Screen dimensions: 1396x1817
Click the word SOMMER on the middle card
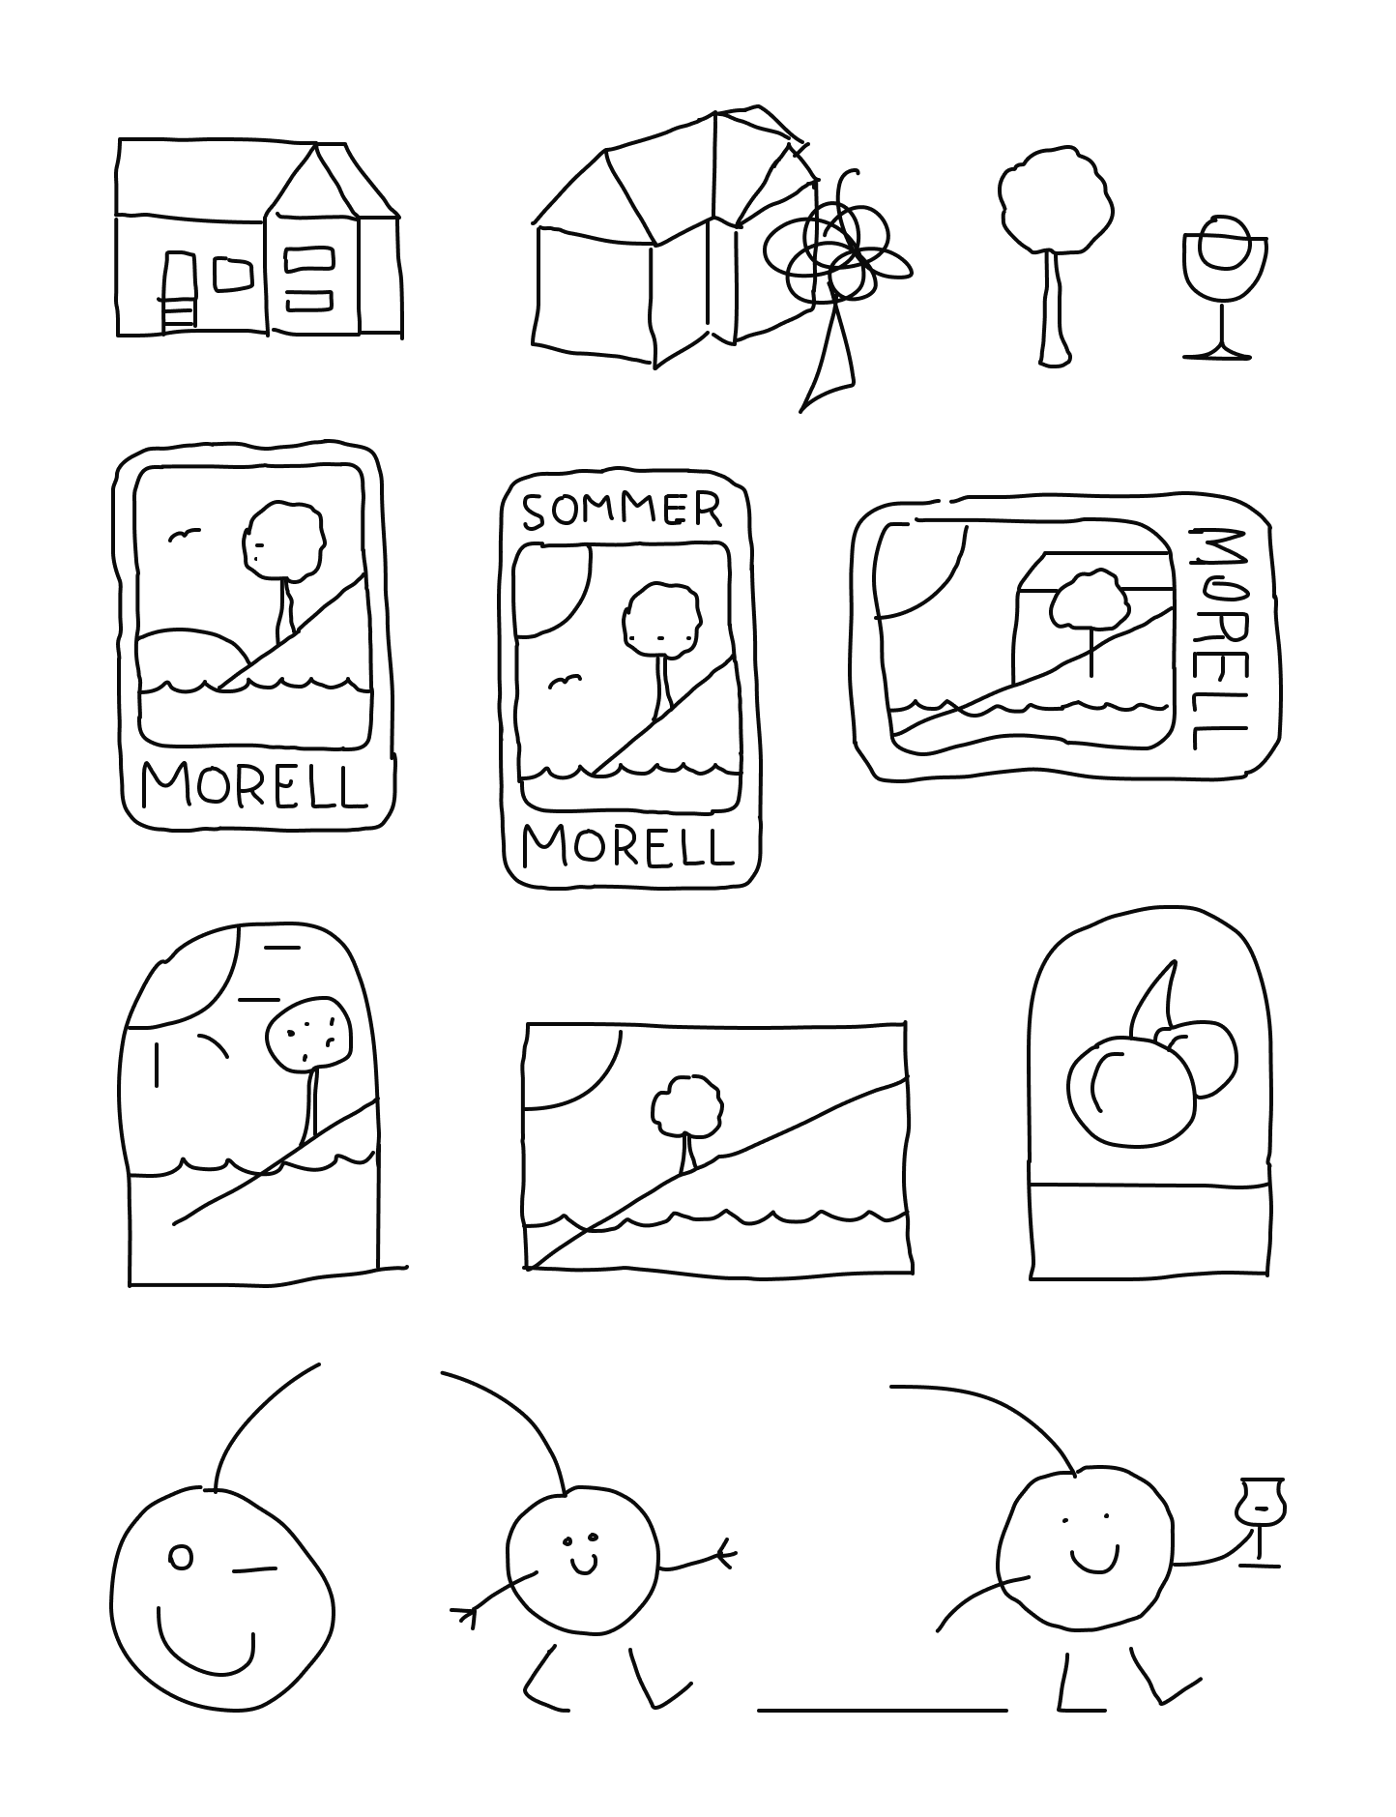[622, 511]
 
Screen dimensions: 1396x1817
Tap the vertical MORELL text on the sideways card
[1213, 639]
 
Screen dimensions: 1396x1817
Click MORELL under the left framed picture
[255, 785]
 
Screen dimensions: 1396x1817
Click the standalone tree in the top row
[1055, 256]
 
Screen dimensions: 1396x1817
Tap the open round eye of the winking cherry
[181, 1556]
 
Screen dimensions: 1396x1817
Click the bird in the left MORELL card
[184, 534]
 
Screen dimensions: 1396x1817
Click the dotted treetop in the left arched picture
[306, 1034]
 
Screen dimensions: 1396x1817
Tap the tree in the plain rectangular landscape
[687, 1123]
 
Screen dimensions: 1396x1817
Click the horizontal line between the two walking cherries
[883, 1710]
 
